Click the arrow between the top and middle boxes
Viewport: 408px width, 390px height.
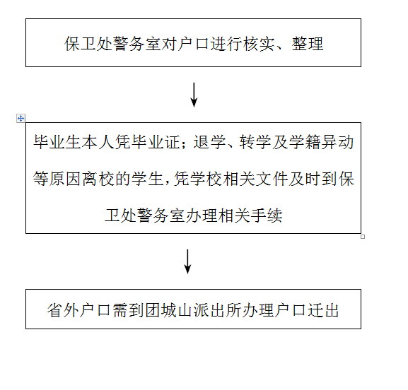pos(194,95)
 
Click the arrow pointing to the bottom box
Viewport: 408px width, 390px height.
pos(187,261)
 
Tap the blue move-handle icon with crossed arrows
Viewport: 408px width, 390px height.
pos(21,118)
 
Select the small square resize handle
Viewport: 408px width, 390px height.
pos(363,237)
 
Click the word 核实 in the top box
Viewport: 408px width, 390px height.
pos(260,43)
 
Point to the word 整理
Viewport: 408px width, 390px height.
pos(308,43)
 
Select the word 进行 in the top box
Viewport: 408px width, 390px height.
pos(226,43)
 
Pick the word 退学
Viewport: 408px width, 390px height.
pos(209,142)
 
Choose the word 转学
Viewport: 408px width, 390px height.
pos(255,142)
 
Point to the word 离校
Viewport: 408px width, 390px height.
pos(98,179)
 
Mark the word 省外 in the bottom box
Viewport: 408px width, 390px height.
pos(63,310)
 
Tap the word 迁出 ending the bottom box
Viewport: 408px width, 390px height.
pos(323,310)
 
